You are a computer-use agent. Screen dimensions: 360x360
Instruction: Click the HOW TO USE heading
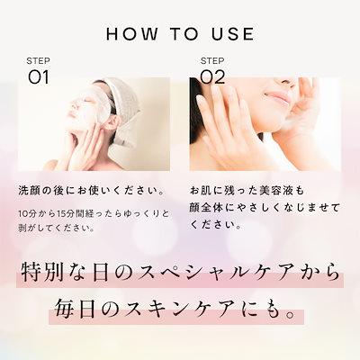(x=180, y=34)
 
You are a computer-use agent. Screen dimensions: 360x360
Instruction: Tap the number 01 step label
(x=38, y=76)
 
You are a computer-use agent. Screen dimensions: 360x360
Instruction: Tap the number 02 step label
(x=212, y=76)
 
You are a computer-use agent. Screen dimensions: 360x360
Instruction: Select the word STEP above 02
(x=211, y=61)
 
